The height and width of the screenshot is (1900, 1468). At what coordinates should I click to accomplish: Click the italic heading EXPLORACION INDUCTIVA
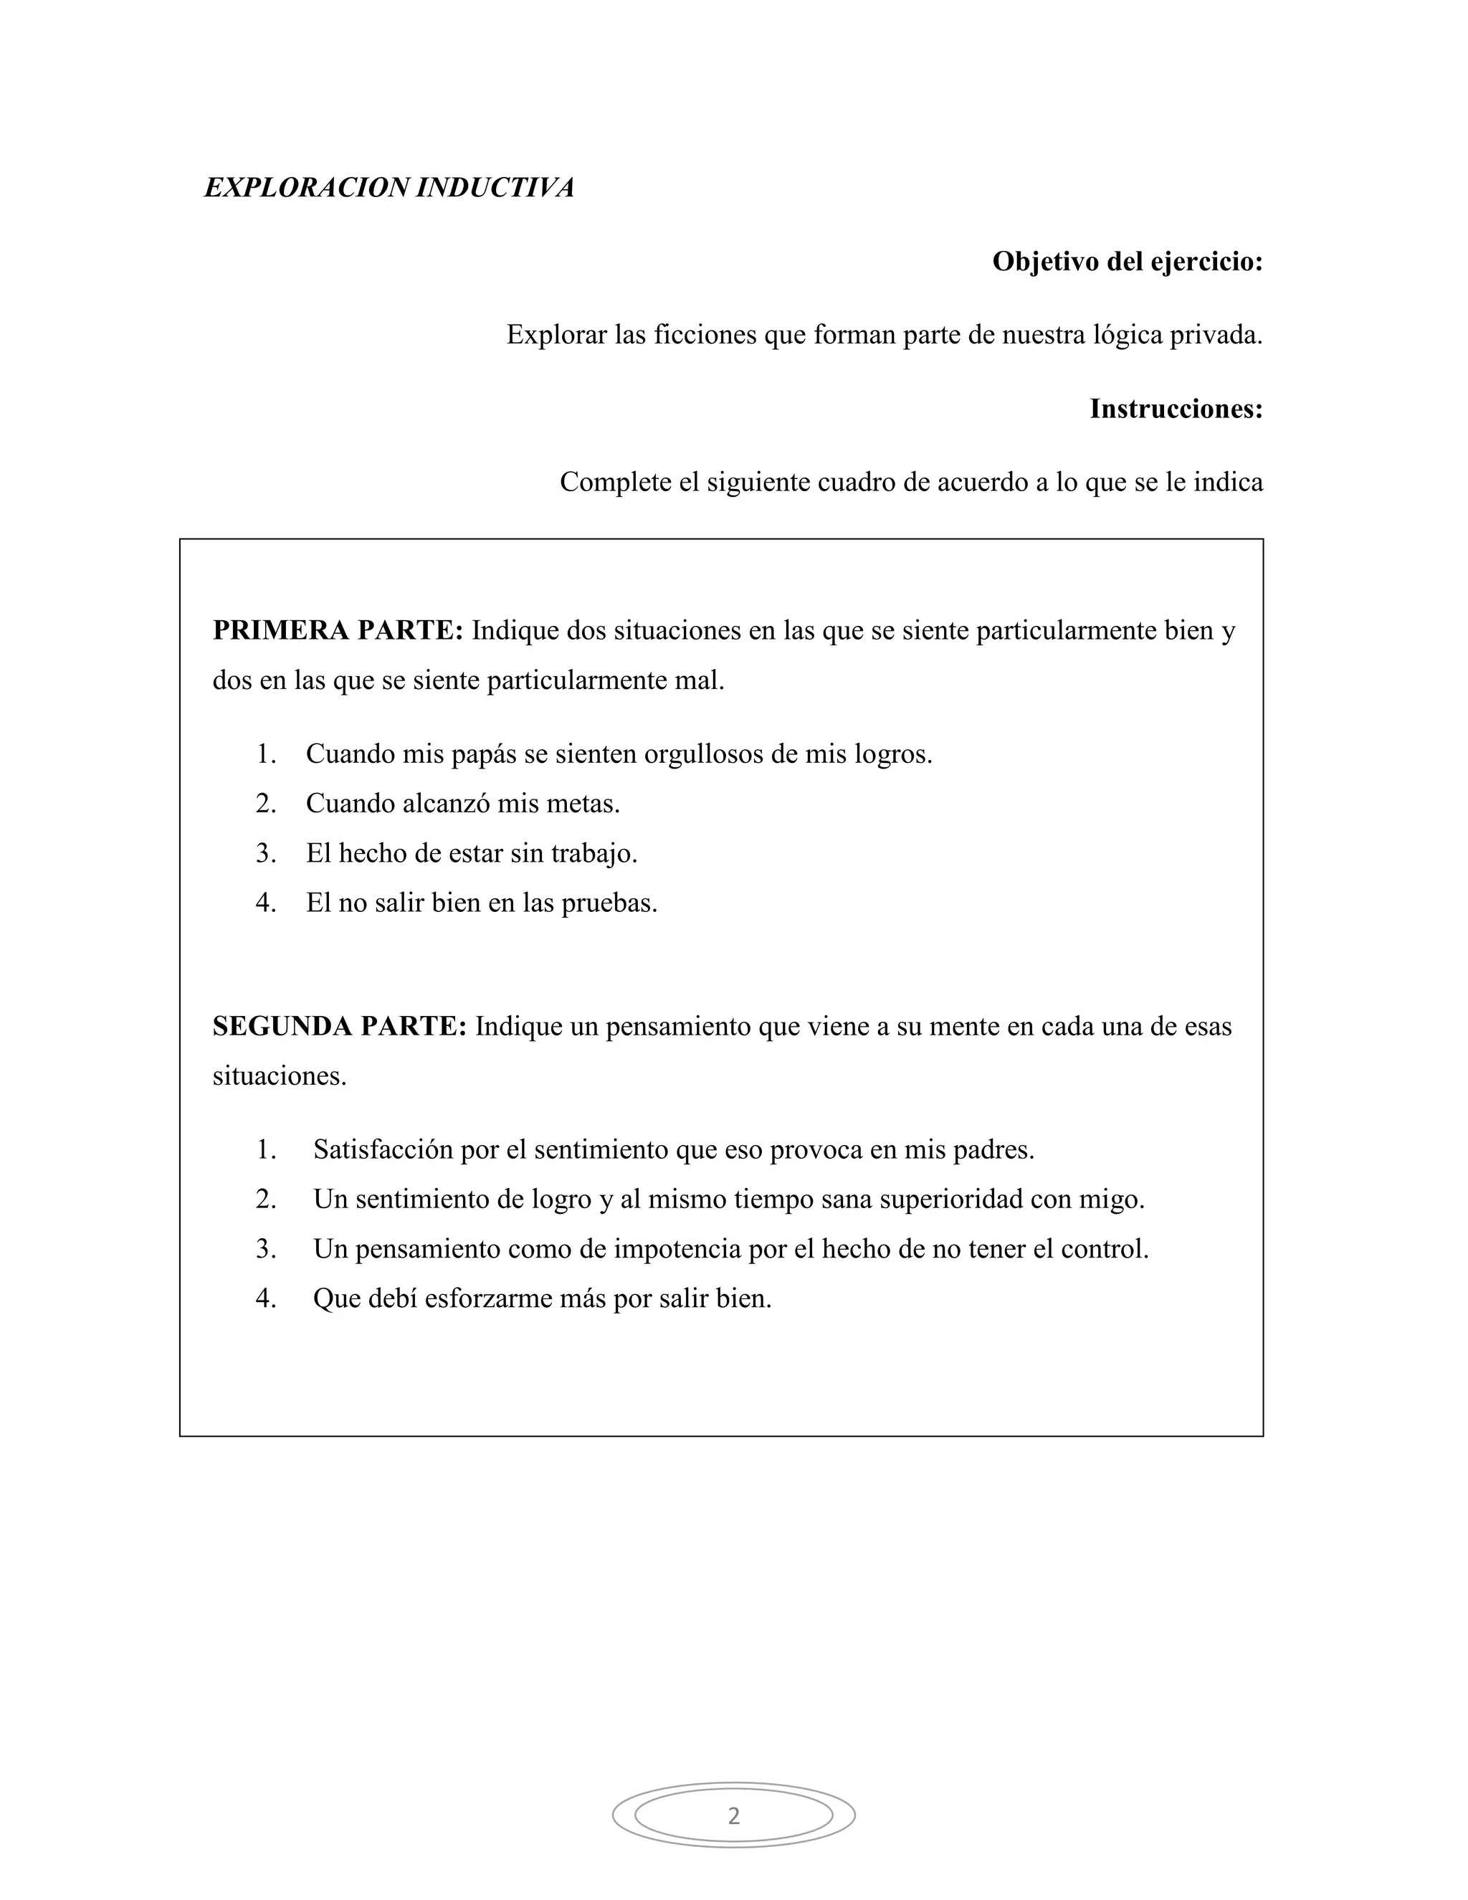click(389, 187)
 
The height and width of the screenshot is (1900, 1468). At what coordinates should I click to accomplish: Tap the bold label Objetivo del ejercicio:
click(1127, 261)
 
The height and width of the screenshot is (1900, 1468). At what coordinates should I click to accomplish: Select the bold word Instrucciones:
click(1176, 408)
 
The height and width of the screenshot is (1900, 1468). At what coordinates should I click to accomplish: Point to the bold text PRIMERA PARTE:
click(338, 630)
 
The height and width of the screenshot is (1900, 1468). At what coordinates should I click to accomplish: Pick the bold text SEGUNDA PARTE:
click(340, 1026)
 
